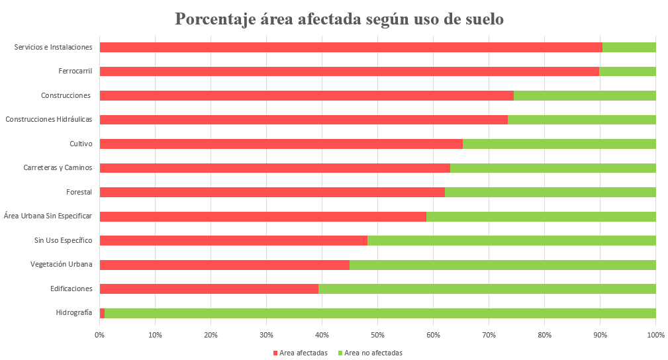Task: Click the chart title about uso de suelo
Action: pyautogui.click(x=339, y=19)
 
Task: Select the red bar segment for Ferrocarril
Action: pyautogui.click(x=349, y=71)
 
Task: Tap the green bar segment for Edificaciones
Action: pyautogui.click(x=487, y=289)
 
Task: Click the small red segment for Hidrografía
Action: pyautogui.click(x=102, y=313)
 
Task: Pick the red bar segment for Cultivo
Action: pyautogui.click(x=281, y=144)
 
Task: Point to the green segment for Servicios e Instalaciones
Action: pyautogui.click(x=628, y=47)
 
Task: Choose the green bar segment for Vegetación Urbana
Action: pyautogui.click(x=502, y=265)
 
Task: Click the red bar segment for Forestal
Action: pyautogui.click(x=271, y=192)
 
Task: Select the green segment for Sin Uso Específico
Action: pyautogui.click(x=511, y=240)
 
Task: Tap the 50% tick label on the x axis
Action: pyautogui.click(x=377, y=336)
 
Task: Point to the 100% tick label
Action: pyautogui.click(x=655, y=336)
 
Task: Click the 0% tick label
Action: pyautogui.click(x=99, y=336)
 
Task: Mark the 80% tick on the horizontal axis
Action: pyautogui.click(x=544, y=336)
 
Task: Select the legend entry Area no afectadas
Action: pyautogui.click(x=373, y=353)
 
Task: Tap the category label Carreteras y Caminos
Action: pyautogui.click(x=58, y=167)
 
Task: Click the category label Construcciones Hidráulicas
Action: pyautogui.click(x=48, y=120)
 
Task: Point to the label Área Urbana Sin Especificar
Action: pyautogui.click(x=48, y=216)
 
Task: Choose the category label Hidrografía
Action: pyautogui.click(x=74, y=312)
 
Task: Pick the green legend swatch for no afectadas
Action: pyautogui.click(x=340, y=353)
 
